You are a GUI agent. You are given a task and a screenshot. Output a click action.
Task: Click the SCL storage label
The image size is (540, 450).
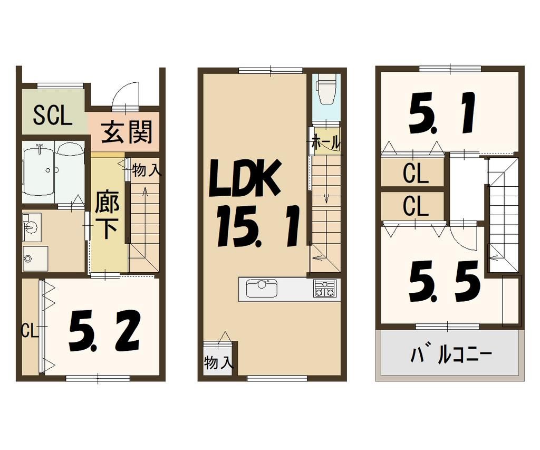52,116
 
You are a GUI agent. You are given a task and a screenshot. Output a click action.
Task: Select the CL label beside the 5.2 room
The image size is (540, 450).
29,331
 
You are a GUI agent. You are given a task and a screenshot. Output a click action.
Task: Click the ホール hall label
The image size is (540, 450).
325,142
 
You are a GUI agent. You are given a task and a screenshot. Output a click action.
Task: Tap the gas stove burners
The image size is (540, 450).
324,289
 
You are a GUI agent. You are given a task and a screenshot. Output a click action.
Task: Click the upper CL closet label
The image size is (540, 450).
415,175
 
